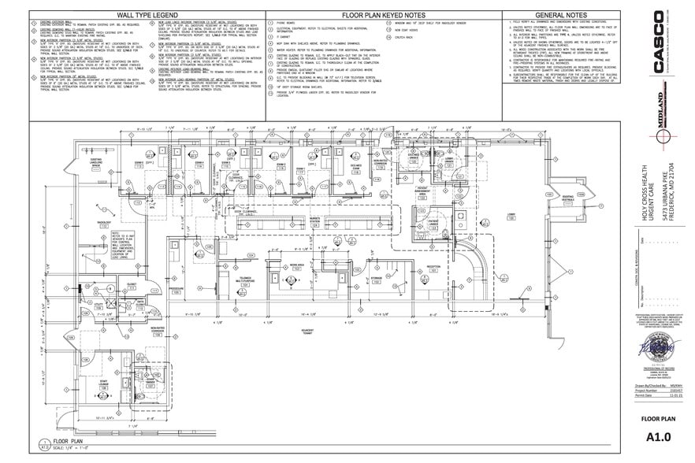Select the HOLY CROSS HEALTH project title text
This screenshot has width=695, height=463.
(645, 205)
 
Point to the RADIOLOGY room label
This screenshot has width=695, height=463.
(103, 223)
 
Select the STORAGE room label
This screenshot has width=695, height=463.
(377, 277)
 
